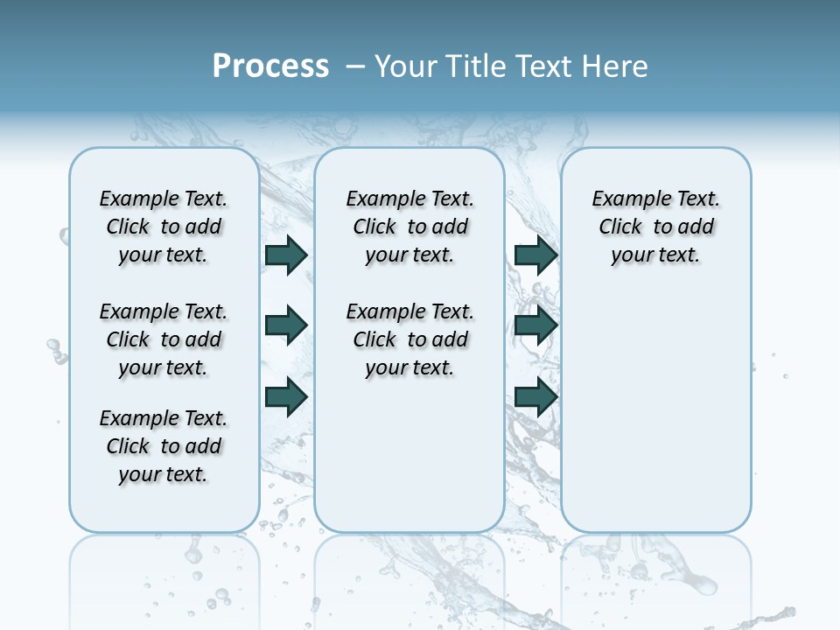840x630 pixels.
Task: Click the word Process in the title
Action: pyautogui.click(x=270, y=66)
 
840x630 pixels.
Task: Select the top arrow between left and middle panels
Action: pyautogui.click(x=286, y=255)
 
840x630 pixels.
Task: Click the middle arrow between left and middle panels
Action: pyautogui.click(x=286, y=325)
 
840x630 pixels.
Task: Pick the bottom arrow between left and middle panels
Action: pyautogui.click(x=286, y=397)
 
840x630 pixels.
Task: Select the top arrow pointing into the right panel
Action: pyautogui.click(x=536, y=255)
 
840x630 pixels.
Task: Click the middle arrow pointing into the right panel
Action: pyautogui.click(x=536, y=325)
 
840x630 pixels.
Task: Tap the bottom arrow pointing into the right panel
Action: pyautogui.click(x=536, y=397)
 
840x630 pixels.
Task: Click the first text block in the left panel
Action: pyautogui.click(x=164, y=227)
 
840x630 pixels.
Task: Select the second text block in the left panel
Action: pyautogui.click(x=164, y=339)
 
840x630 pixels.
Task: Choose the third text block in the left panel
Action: pyautogui.click(x=164, y=446)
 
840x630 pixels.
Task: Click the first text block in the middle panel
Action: pyautogui.click(x=409, y=227)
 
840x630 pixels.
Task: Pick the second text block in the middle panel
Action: pyautogui.click(x=409, y=339)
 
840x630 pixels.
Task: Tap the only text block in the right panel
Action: pyautogui.click(x=655, y=227)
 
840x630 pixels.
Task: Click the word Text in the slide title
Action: pyautogui.click(x=547, y=66)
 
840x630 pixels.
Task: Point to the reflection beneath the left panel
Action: pyautogui.click(x=164, y=577)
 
